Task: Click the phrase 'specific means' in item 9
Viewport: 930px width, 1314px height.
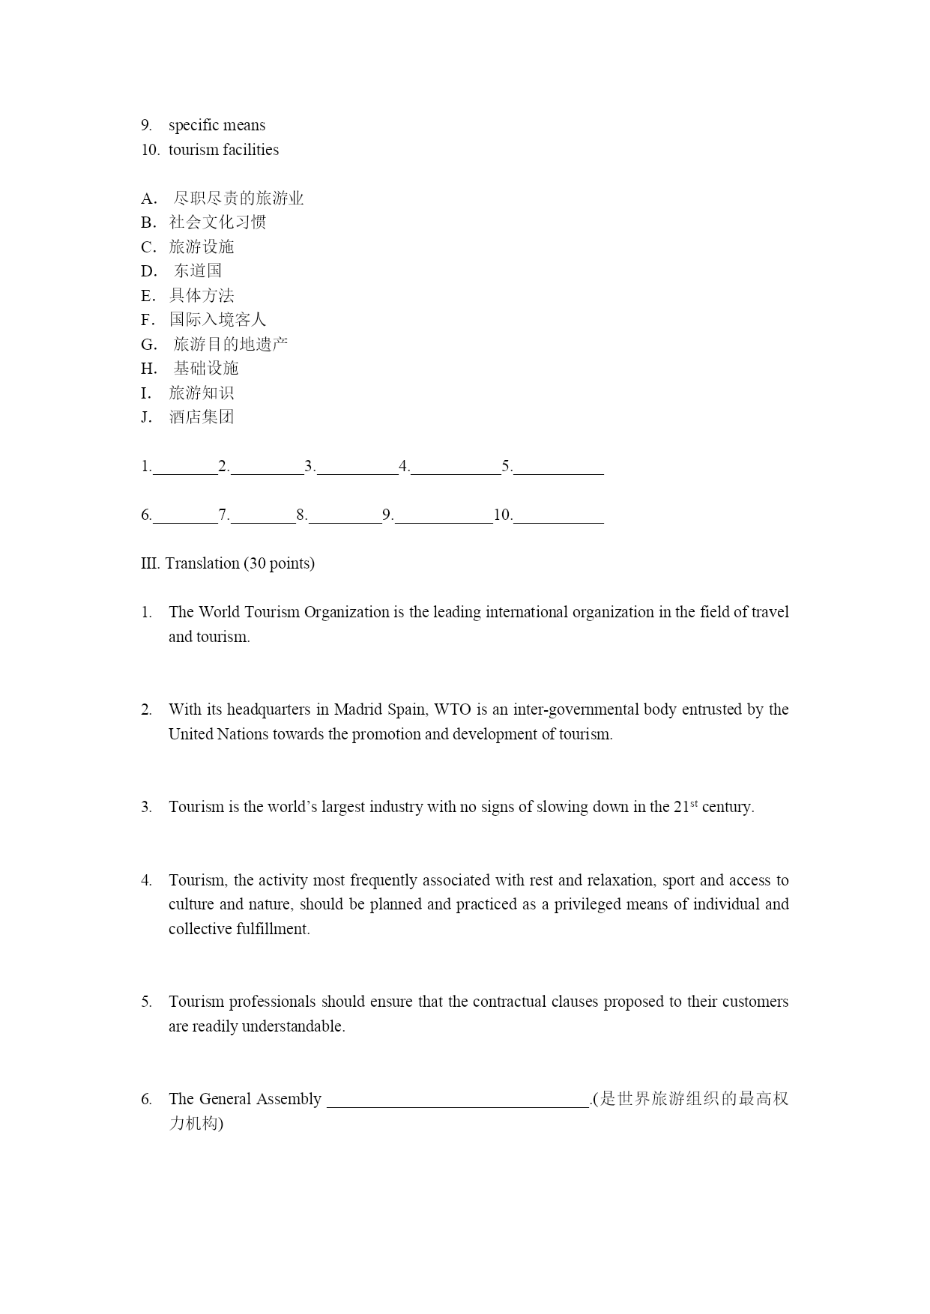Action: click(x=217, y=125)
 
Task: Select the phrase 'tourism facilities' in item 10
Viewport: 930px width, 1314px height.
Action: click(x=223, y=150)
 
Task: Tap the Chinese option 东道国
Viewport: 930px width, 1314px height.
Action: click(x=198, y=270)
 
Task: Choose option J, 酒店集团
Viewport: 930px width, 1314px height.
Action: click(x=202, y=417)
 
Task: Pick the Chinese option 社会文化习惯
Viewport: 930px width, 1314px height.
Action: click(x=217, y=222)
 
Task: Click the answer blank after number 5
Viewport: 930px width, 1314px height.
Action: click(x=558, y=467)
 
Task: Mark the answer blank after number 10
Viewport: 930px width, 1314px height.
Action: click(x=558, y=516)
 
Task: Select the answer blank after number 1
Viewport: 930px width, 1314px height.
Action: click(x=184, y=467)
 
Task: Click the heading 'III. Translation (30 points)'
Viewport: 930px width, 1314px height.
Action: click(x=228, y=563)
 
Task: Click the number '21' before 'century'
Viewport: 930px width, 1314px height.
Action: click(x=680, y=808)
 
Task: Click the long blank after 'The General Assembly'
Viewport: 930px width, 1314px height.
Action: click(x=458, y=1100)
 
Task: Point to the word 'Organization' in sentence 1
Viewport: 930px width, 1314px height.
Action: click(x=346, y=612)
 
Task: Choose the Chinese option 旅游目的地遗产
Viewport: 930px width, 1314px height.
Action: click(x=231, y=344)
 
